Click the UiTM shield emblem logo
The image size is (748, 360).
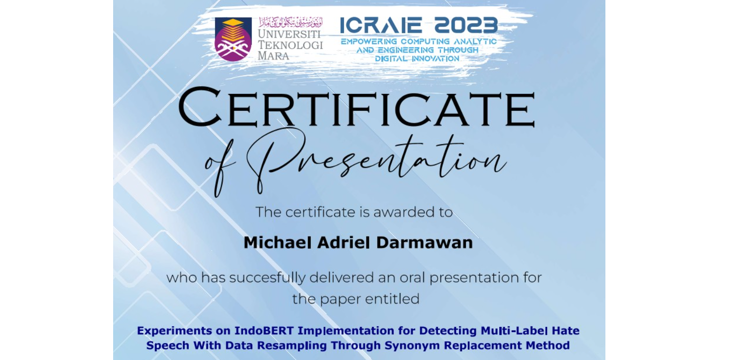click(233, 39)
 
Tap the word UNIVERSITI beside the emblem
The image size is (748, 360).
click(289, 34)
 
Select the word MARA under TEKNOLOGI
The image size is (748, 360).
click(273, 56)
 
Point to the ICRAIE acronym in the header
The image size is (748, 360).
click(381, 25)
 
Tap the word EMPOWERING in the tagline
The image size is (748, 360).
click(369, 42)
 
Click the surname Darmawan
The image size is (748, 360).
click(424, 243)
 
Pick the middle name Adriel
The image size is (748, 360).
click(344, 243)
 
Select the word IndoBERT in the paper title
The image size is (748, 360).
click(264, 331)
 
